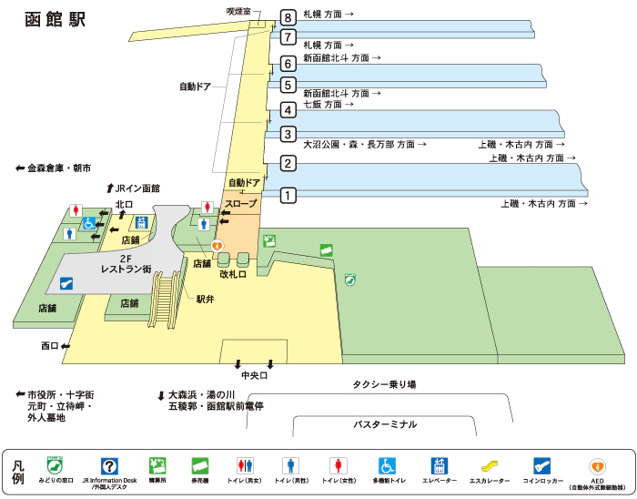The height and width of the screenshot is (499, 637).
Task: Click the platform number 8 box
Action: coord(288,16)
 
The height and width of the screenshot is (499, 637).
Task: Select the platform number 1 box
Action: coord(288,194)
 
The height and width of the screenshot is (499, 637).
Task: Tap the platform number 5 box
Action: coord(288,86)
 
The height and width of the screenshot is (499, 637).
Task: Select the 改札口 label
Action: coord(234,273)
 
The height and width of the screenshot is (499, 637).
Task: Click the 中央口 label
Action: coord(255,375)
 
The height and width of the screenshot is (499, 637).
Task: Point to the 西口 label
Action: coord(49,346)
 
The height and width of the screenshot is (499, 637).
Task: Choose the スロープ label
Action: coord(241,204)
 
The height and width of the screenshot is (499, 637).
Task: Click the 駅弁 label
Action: coord(205,300)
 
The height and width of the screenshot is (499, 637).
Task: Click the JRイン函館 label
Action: coord(137,188)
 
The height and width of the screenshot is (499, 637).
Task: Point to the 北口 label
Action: coord(124,204)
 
